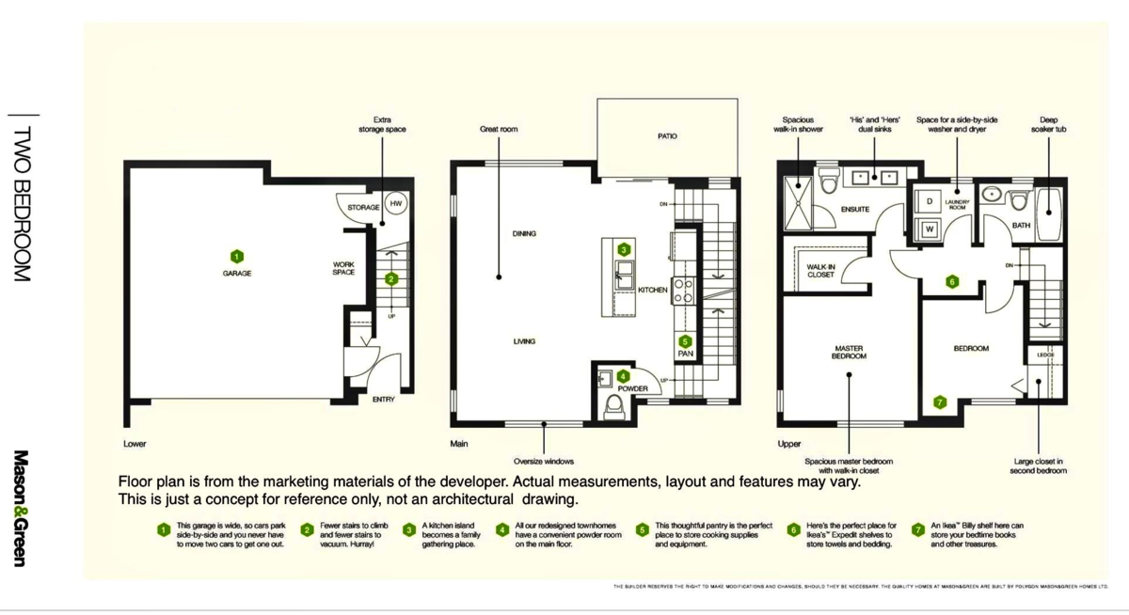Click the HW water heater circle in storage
click(x=396, y=203)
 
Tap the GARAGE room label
click(x=237, y=273)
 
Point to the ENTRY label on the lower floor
click(x=383, y=400)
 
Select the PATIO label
click(x=667, y=136)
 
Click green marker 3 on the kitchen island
click(x=624, y=249)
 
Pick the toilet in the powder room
click(x=613, y=405)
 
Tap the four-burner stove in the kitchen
click(x=684, y=291)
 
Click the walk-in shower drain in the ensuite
click(x=800, y=198)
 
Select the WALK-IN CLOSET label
click(x=820, y=271)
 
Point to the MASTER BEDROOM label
click(x=848, y=353)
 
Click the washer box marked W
click(x=929, y=229)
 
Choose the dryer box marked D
click(x=929, y=202)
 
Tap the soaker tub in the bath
click(x=1048, y=205)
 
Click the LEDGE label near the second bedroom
click(x=1045, y=355)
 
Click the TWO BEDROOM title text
click(x=21, y=203)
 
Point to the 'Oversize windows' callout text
click(x=544, y=461)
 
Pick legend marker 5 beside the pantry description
click(x=642, y=530)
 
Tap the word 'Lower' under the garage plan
click(x=135, y=443)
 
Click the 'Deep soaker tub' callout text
click(x=1048, y=124)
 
